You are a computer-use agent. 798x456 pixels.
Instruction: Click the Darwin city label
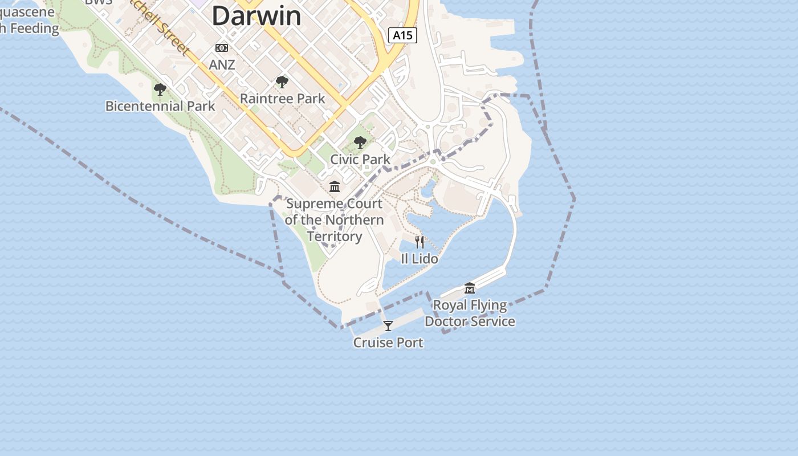pos(256,15)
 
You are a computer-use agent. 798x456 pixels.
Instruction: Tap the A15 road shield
pos(402,35)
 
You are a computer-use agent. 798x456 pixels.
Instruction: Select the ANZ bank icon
pos(222,48)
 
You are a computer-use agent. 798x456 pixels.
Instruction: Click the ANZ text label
pos(222,65)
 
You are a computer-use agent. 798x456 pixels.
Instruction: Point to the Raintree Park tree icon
pos(282,82)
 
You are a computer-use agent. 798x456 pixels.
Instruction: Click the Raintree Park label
pos(282,99)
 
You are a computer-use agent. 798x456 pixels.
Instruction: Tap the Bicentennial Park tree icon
pos(160,89)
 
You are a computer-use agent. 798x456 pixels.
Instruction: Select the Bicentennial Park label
pos(160,106)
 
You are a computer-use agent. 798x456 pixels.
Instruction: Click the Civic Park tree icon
pos(360,142)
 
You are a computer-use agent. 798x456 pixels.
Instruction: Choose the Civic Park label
pos(360,160)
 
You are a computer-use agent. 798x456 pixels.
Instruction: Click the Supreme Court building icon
pos(335,187)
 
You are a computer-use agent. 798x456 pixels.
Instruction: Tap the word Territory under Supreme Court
pos(335,237)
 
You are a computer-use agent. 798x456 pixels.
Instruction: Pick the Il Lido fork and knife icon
pos(420,242)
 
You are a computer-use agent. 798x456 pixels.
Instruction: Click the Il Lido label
pos(420,259)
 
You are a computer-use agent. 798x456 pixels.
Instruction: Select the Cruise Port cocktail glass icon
pos(388,326)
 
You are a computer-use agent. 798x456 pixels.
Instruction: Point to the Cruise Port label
pos(388,343)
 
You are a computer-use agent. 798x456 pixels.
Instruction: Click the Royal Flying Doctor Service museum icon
pos(470,288)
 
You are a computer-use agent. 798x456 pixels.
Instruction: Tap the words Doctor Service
pos(470,321)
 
